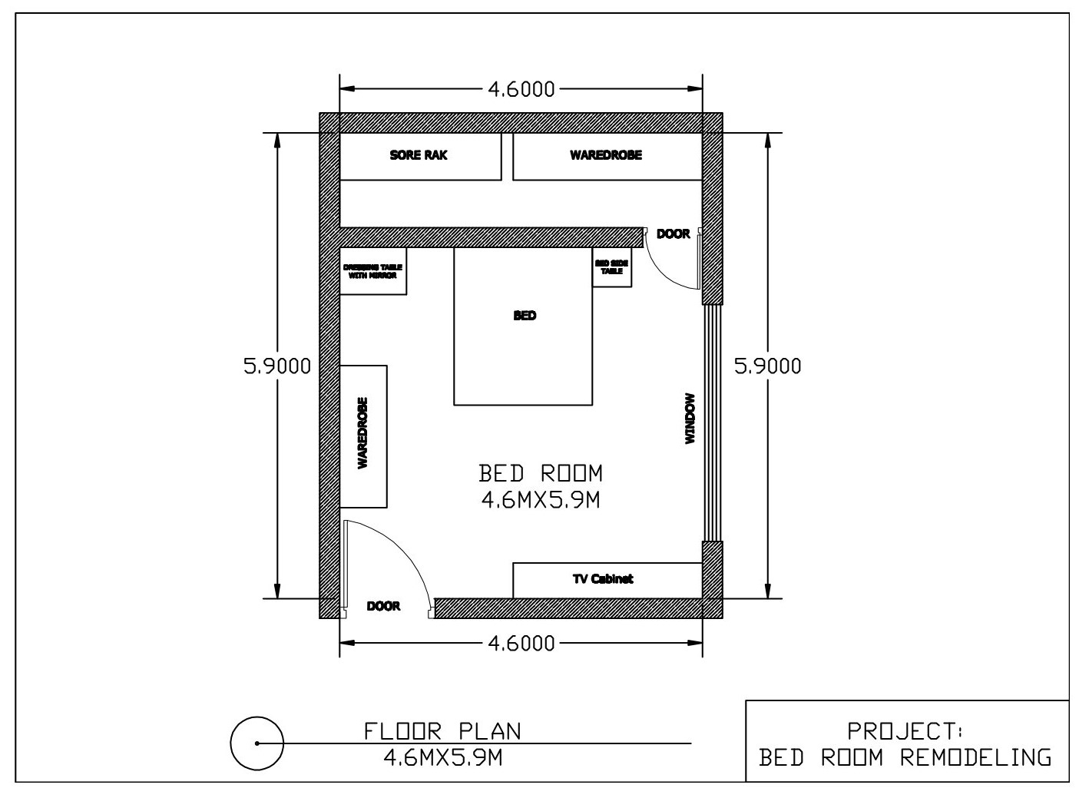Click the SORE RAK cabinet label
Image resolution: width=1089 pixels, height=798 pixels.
[x=419, y=155]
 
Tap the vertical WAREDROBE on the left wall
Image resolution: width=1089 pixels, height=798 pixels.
[x=363, y=435]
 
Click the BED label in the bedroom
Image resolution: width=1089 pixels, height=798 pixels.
[x=525, y=316]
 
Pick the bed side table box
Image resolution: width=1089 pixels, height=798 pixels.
[x=612, y=267]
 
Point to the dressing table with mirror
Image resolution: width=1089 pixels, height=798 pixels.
[x=372, y=271]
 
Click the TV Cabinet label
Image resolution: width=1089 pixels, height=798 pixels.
[x=603, y=579]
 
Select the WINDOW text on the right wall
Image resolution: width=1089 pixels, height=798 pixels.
[x=690, y=419]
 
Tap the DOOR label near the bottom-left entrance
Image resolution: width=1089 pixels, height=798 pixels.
[x=383, y=607]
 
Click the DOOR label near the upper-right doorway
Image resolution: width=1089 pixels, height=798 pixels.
[x=673, y=234]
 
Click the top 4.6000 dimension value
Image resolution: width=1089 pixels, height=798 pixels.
[x=521, y=89]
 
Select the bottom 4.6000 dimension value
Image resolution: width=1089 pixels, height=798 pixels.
[x=521, y=643]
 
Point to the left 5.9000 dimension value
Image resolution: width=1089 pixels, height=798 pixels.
[x=277, y=366]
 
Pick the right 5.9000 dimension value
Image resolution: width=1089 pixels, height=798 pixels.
[x=767, y=366]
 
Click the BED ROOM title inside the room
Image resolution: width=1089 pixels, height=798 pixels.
[x=540, y=473]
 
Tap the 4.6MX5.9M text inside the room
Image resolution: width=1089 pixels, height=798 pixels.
[x=540, y=501]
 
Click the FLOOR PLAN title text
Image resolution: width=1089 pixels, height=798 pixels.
[x=442, y=731]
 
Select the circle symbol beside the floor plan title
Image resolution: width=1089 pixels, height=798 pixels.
[x=257, y=743]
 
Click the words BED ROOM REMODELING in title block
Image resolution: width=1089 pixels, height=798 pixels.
[x=906, y=758]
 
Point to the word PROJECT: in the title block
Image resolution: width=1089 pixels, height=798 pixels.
[x=906, y=730]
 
